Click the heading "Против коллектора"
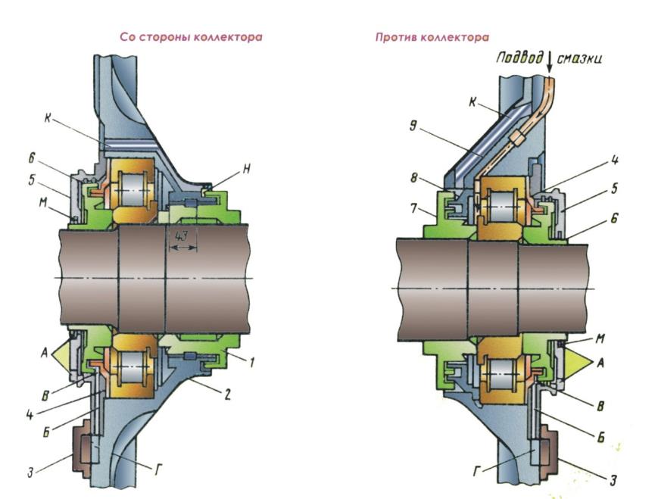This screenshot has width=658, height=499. click(x=432, y=37)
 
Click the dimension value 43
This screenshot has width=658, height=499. click(x=182, y=237)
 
